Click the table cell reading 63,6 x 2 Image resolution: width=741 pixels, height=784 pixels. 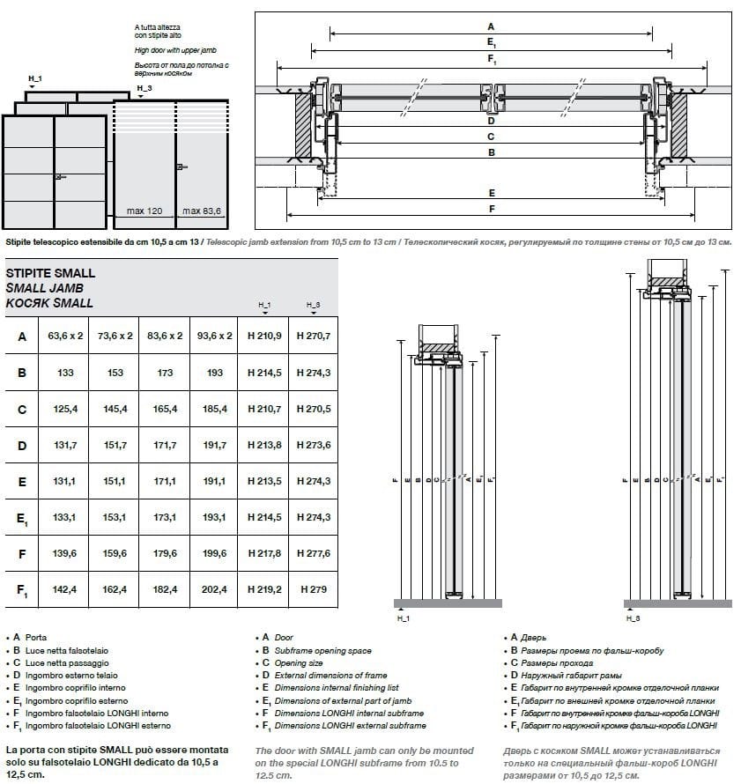[65, 336]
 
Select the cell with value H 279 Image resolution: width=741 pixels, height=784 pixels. [313, 589]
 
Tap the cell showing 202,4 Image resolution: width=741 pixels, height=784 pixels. [214, 589]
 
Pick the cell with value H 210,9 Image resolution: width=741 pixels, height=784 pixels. [264, 336]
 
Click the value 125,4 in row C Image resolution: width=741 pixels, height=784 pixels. [65, 409]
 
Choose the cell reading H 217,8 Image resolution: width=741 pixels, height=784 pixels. [264, 553]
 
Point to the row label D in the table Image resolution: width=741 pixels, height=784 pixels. [22, 446]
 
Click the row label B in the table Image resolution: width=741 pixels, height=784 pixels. [22, 373]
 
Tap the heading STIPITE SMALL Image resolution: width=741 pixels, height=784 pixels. [50, 273]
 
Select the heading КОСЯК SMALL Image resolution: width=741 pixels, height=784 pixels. [49, 303]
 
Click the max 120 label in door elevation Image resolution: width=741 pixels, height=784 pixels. [144, 211]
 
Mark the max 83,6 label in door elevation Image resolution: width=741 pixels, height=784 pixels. [203, 211]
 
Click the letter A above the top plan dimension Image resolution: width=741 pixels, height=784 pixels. [491, 26]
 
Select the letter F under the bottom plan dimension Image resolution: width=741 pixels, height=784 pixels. [491, 209]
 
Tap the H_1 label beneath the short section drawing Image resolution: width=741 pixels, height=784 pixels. [404, 619]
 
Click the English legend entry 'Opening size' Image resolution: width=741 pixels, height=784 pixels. [299, 662]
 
